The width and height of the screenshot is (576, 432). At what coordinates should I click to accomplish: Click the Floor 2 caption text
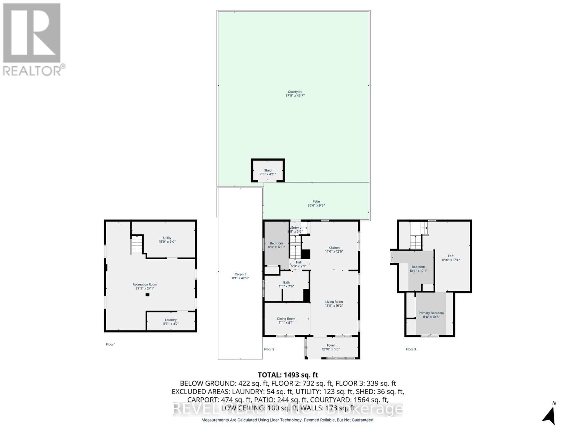pos(269,349)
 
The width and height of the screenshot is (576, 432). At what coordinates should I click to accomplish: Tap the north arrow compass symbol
pos(550,416)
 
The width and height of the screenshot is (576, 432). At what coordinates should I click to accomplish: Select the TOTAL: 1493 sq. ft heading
pos(288,375)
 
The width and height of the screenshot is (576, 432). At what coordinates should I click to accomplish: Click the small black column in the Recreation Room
pos(147,295)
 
